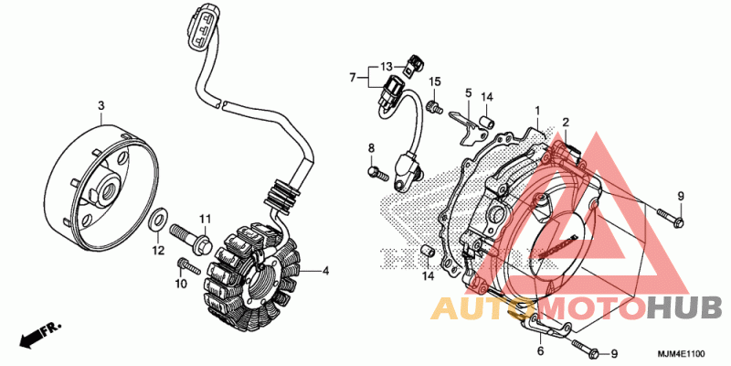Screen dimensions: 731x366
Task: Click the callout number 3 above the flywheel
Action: [x=101, y=106]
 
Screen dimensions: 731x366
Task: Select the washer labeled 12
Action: [x=157, y=220]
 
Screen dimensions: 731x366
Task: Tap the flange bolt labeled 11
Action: [x=192, y=236]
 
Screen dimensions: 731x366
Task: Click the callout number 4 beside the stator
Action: [x=326, y=271]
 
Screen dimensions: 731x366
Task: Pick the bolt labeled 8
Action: [x=377, y=174]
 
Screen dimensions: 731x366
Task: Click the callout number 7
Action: [x=353, y=77]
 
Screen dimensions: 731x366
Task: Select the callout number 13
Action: [x=387, y=66]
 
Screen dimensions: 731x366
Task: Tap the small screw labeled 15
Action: [x=436, y=106]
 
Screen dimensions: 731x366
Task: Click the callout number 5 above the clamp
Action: [x=468, y=93]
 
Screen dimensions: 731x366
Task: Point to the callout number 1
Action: [x=537, y=111]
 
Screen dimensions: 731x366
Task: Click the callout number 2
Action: [x=566, y=123]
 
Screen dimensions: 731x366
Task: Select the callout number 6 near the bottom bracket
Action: [x=540, y=350]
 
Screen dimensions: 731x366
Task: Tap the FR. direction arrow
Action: [x=40, y=335]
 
